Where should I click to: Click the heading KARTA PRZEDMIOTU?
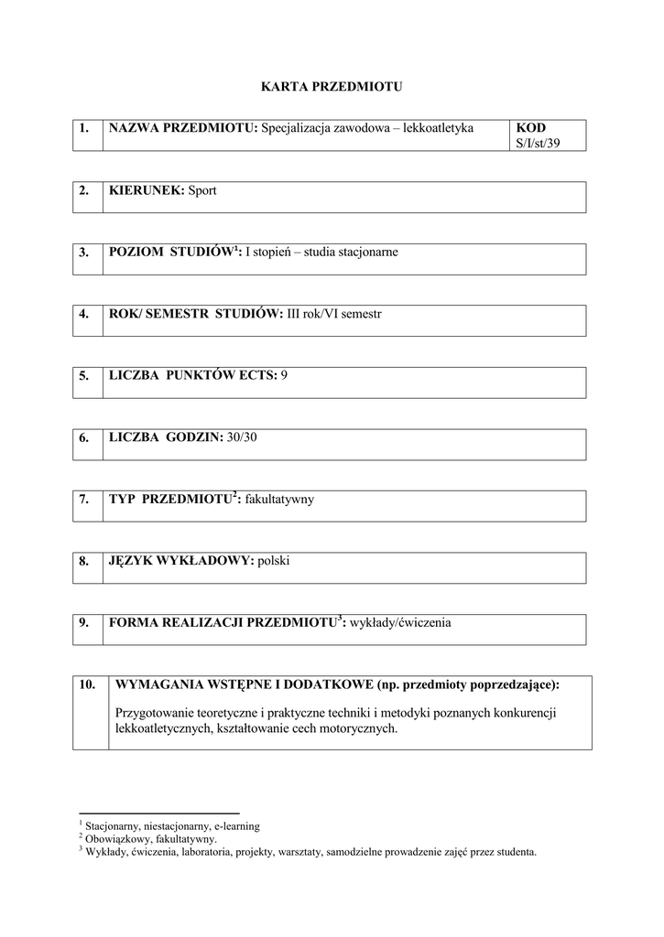pyautogui.click(x=332, y=87)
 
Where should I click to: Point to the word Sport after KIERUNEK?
pyautogui.click(x=202, y=190)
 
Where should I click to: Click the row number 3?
pyautogui.click(x=83, y=252)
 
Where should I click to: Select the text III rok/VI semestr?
pyautogui.click(x=334, y=314)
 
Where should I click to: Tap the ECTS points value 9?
pyautogui.click(x=284, y=375)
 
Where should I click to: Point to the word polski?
pyautogui.click(x=274, y=561)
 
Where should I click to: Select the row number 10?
pyautogui.click(x=87, y=684)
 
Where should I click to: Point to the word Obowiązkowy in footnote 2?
pyautogui.click(x=116, y=838)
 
